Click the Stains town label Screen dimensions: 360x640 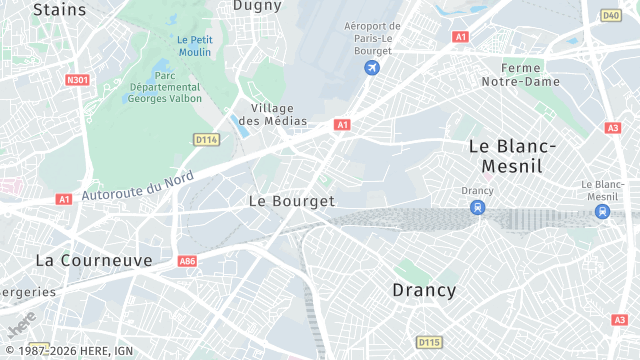(x=59, y=9)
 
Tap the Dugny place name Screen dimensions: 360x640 (x=257, y=5)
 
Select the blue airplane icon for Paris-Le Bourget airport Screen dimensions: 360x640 (x=372, y=67)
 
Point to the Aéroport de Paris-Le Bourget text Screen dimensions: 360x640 (x=372, y=39)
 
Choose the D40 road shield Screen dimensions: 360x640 (x=611, y=15)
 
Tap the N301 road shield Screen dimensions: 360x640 (x=77, y=79)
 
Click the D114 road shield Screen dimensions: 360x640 (x=207, y=139)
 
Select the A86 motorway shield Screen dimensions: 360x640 (x=187, y=261)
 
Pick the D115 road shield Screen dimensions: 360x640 (x=429, y=342)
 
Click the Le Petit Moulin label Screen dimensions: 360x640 (x=194, y=46)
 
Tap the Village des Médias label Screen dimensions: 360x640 (x=279, y=114)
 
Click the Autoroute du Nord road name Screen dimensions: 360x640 (x=136, y=183)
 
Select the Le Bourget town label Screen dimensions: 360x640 (x=291, y=200)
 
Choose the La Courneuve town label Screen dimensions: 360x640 (x=94, y=260)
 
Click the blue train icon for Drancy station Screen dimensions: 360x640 (x=478, y=208)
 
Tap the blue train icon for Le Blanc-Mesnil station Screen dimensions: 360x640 (x=602, y=211)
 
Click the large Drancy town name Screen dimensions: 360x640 (x=423, y=290)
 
